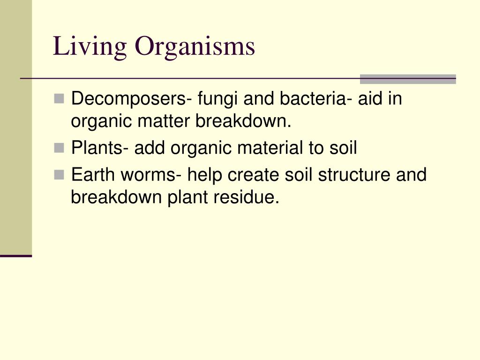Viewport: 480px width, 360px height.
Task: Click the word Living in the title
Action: [x=90, y=46]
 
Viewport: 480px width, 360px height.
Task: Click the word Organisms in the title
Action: [x=195, y=46]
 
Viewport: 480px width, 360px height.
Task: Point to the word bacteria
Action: [x=315, y=98]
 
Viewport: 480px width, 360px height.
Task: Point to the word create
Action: [x=253, y=175]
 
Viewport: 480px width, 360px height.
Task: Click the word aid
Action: [x=370, y=98]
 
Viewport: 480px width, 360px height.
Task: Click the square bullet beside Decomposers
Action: [x=59, y=99]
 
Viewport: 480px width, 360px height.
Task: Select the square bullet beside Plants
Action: [x=59, y=148]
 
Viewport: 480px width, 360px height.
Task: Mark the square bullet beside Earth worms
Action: [x=59, y=175]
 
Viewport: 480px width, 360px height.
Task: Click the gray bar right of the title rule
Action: [x=408, y=79]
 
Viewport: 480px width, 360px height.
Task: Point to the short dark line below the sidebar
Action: [x=16, y=256]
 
